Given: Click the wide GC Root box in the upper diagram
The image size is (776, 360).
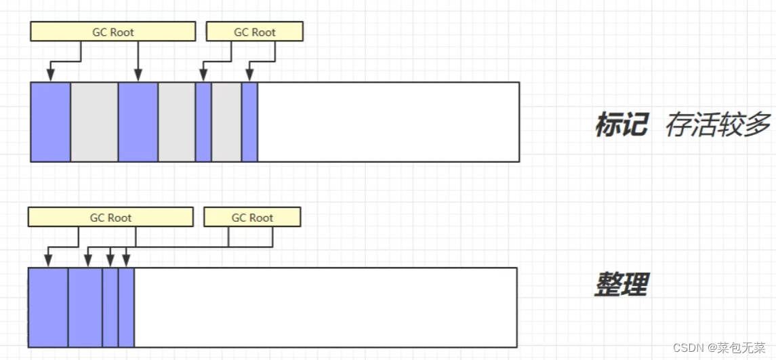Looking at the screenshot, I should (x=113, y=32).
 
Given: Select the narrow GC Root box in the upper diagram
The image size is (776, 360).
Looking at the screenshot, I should (x=255, y=32).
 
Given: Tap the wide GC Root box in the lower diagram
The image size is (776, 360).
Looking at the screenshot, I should (x=110, y=218).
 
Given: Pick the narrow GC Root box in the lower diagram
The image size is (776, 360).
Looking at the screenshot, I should (x=252, y=218).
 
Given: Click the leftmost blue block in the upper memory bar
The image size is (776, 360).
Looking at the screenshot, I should (x=51, y=122).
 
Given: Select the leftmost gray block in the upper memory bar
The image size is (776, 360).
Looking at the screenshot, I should (x=94, y=122).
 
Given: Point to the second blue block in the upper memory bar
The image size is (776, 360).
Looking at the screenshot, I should (x=138, y=122).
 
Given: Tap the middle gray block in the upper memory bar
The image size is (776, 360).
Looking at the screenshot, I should (x=177, y=122).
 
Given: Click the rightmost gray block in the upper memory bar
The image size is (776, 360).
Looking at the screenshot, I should (x=226, y=122).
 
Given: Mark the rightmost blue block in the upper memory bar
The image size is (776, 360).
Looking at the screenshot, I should (x=249, y=122).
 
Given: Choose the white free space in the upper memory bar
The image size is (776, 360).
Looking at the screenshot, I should (x=388, y=122).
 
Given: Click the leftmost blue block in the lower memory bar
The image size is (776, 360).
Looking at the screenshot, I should (x=48, y=307).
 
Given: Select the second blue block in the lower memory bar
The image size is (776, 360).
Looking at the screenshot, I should (x=85, y=307).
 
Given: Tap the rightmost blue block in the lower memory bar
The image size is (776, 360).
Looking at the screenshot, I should (x=126, y=307).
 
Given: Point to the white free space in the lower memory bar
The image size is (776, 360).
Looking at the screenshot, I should (x=325, y=307).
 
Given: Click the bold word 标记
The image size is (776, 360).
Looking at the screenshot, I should (x=621, y=125).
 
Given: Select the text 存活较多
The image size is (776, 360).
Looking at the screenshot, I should (x=718, y=125).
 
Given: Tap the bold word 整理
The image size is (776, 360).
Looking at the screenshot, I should (x=621, y=284).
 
